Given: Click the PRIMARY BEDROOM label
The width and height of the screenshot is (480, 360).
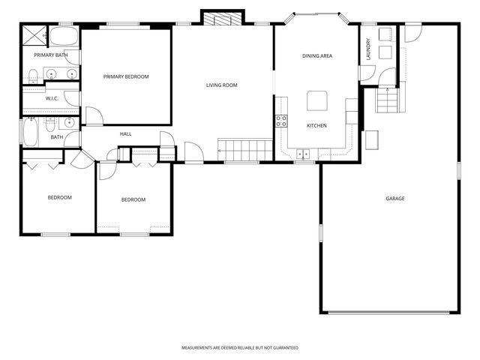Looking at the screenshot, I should [x=126, y=76].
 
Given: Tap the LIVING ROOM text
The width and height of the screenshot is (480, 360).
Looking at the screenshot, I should [x=221, y=85].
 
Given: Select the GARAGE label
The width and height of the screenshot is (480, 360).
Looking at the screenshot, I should [x=395, y=199].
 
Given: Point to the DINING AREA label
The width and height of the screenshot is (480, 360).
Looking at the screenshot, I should [x=316, y=56].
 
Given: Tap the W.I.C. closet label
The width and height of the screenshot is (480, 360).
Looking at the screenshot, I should [x=52, y=98].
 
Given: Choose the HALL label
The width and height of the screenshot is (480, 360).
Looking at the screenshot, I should [x=125, y=134].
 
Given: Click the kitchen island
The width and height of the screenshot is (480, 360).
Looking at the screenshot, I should [x=316, y=100].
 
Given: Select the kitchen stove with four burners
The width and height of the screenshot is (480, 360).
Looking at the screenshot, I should [x=281, y=121].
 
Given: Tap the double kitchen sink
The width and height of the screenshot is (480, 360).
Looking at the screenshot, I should [x=304, y=154].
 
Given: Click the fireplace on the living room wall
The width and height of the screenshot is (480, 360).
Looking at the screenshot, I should [x=222, y=19].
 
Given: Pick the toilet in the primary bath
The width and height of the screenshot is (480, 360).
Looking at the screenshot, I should [x=33, y=75].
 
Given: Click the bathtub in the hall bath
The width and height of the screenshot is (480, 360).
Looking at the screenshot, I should [x=31, y=133].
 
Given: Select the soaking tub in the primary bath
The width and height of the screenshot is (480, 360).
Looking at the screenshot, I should [x=62, y=36].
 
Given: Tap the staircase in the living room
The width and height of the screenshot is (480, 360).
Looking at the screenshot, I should [x=244, y=149].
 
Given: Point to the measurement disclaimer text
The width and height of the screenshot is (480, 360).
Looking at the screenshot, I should [x=239, y=348].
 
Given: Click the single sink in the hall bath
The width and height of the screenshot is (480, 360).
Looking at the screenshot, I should [x=68, y=122].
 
